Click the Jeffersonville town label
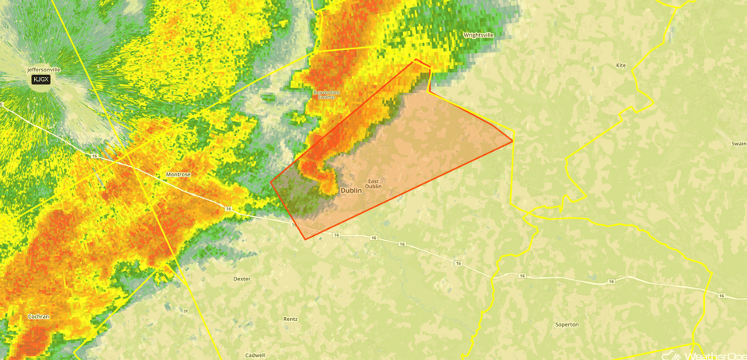[x=44, y=70]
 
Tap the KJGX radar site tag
[x=41, y=79]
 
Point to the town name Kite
[x=621, y=65]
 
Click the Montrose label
[x=178, y=174]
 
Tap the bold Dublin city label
[x=350, y=191]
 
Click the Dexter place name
[x=242, y=279]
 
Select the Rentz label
[x=291, y=319]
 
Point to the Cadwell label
[x=255, y=355]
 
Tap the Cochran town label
[x=37, y=316]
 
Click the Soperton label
[x=567, y=324]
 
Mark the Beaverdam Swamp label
[x=326, y=95]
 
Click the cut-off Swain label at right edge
[x=738, y=144]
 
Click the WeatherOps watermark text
[x=711, y=355]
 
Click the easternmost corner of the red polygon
[x=513, y=141]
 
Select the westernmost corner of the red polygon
[x=271, y=181]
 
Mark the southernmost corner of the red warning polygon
[x=305, y=239]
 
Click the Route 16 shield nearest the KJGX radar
[x=94, y=157]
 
